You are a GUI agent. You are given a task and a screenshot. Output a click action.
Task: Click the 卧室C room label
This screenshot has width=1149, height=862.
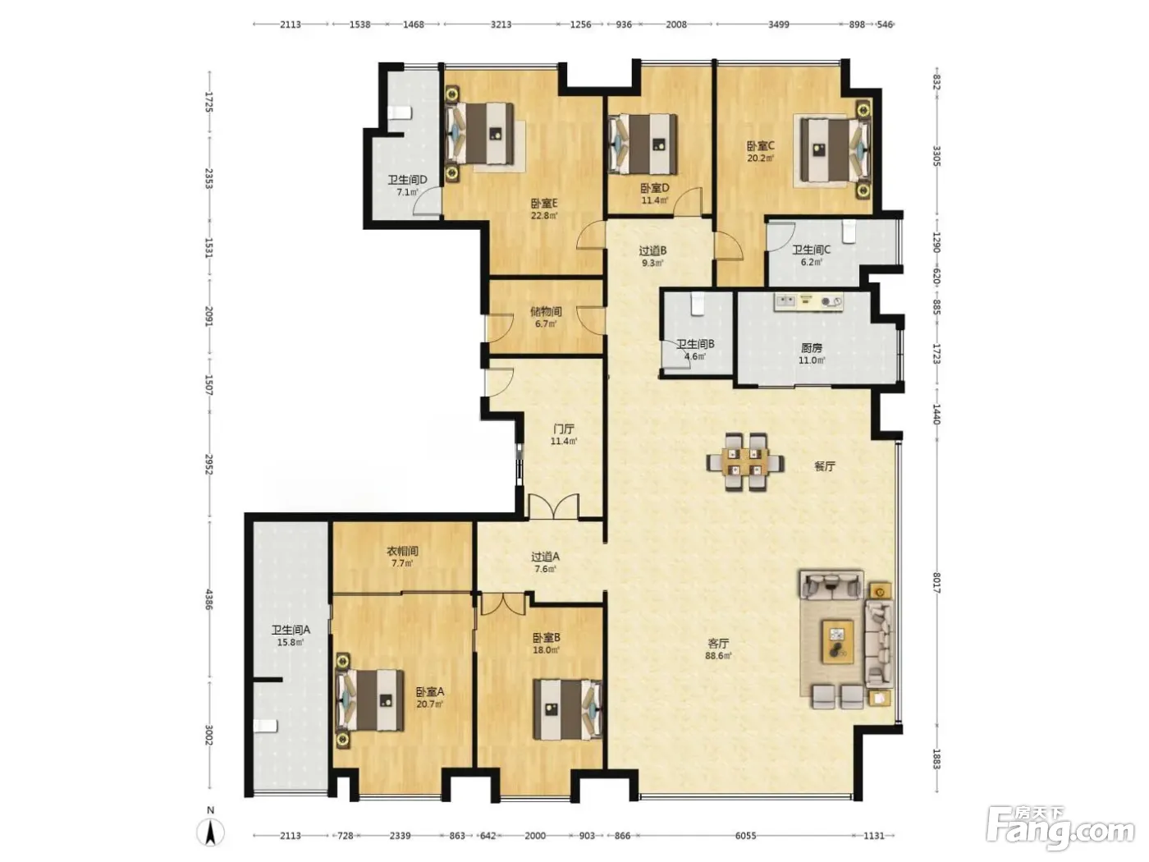(760, 146)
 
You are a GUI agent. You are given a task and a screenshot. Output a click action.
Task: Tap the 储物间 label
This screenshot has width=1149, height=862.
(546, 312)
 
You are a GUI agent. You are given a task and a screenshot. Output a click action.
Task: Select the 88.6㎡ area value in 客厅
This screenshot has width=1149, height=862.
(718, 656)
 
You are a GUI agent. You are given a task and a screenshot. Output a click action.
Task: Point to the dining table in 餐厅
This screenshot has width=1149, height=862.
(746, 461)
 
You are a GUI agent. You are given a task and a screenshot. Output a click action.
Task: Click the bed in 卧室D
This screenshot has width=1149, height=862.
(643, 144)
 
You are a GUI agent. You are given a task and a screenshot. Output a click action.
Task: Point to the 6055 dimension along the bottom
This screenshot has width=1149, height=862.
(745, 836)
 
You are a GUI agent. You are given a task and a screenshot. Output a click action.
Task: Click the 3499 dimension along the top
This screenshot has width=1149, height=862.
(778, 25)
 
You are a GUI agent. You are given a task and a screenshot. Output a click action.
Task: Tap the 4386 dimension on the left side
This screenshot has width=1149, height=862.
(209, 599)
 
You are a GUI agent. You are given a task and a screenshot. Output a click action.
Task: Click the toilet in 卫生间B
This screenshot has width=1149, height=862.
(696, 305)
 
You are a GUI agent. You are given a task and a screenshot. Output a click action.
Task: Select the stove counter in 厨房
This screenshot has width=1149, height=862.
(808, 301)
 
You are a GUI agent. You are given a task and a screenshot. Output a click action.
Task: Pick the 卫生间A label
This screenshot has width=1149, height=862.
(291, 630)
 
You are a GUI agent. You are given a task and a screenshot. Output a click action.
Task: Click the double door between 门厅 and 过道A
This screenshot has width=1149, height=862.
(554, 507)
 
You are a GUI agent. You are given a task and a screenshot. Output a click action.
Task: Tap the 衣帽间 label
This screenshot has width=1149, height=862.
(402, 551)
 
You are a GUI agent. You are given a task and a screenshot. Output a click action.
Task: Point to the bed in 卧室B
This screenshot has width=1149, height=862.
(567, 709)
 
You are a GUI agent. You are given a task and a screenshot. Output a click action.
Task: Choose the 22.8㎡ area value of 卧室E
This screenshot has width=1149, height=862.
(544, 215)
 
